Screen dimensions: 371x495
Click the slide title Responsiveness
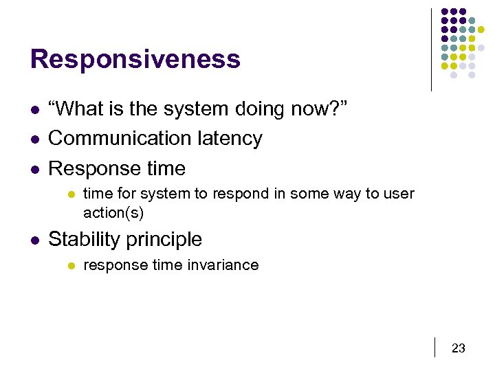pos(135,59)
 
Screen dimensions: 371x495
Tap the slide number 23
pos(458,348)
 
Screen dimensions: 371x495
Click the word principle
pos(167,240)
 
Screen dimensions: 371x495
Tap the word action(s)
pos(113,213)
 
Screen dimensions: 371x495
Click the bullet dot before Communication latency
pos(34,139)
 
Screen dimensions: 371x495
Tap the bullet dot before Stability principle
pos(34,240)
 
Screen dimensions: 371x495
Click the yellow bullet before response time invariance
pos(70,266)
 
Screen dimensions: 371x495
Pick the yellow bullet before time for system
pos(70,194)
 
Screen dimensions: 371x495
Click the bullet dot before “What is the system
pos(34,109)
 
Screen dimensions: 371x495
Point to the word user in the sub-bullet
pos(399,194)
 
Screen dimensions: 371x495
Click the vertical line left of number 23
pos(436,347)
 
